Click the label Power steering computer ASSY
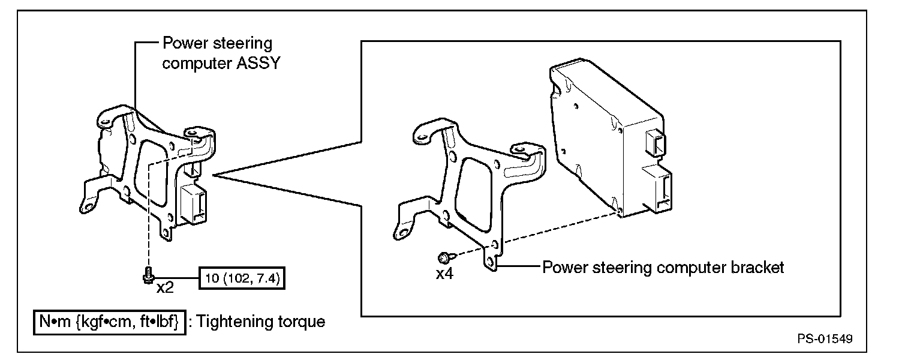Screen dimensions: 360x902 point(221,53)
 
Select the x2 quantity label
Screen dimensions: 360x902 point(165,287)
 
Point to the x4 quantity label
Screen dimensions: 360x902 point(445,274)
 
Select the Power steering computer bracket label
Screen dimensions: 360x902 point(663,267)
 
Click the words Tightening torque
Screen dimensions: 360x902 point(261,322)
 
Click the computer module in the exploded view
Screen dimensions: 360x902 point(606,138)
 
